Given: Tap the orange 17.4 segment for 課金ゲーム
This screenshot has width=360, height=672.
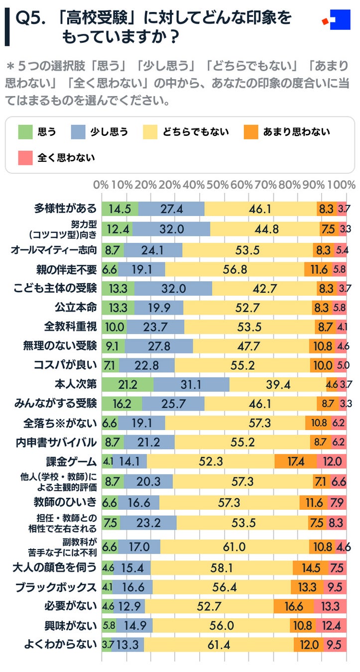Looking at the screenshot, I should coord(295,461).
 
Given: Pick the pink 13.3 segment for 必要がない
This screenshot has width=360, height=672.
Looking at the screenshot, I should coord(330,606).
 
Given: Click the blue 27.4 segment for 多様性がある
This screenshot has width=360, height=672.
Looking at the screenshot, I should coord(171,209).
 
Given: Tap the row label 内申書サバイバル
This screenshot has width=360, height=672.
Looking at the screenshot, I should coord(60,442).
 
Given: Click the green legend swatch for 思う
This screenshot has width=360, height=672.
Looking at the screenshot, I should coord(25,131).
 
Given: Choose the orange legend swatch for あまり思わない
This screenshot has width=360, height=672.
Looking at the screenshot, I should coord(250,131).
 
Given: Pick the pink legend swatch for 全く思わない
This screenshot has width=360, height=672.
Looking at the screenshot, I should coord(25,158).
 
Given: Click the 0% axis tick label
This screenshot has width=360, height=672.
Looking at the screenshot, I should coord(101,185).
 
